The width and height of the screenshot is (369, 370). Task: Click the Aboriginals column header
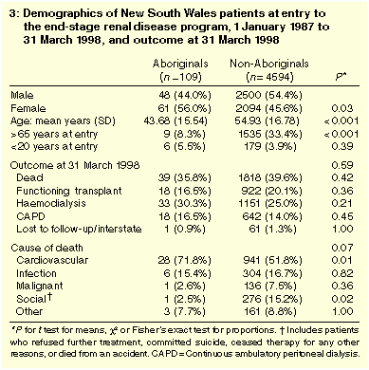180,64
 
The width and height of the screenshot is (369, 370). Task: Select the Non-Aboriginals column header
269,64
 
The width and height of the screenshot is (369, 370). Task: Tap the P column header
341,77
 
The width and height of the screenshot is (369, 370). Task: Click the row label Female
28,108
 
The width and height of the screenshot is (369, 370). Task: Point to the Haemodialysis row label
51,203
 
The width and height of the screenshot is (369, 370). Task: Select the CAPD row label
30,216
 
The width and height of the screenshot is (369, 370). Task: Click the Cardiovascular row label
52,260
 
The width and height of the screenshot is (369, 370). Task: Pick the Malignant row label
40,287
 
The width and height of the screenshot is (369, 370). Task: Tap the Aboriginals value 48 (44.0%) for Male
185,95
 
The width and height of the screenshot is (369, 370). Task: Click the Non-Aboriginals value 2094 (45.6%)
268,108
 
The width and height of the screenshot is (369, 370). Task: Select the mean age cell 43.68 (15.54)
175,121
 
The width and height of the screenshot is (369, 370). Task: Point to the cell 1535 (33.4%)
270,134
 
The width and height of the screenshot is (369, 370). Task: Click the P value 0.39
342,146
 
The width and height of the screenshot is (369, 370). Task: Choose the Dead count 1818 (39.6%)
270,178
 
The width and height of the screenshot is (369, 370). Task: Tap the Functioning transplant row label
69,191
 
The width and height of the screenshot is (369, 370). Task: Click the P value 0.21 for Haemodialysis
342,203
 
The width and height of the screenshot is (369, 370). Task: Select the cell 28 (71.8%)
185,260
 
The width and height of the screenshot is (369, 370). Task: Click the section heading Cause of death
46,248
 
